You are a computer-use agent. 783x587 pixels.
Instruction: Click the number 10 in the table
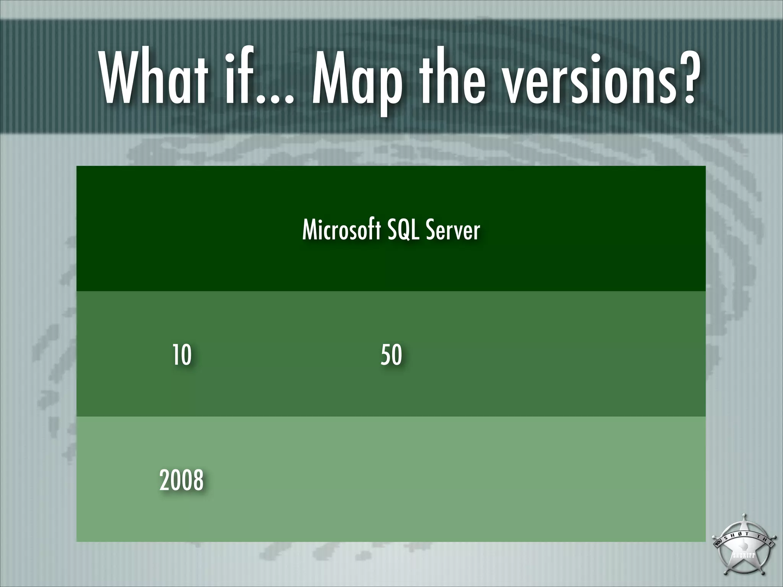pyautogui.click(x=182, y=355)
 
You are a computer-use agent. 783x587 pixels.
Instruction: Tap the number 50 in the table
pyautogui.click(x=391, y=355)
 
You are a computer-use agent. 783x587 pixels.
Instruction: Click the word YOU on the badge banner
pyautogui.click(x=716, y=543)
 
